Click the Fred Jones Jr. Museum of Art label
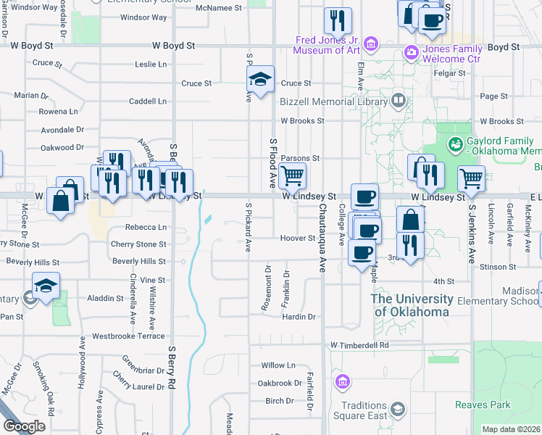[328, 45]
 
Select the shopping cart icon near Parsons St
[292, 175]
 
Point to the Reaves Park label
[483, 405]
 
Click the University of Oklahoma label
[412, 304]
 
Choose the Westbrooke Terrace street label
[128, 336]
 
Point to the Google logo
[24, 426]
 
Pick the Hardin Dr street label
[299, 317]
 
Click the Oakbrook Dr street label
[280, 383]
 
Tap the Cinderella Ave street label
[133, 297]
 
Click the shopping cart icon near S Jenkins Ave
[471, 178]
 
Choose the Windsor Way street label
[143, 17]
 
